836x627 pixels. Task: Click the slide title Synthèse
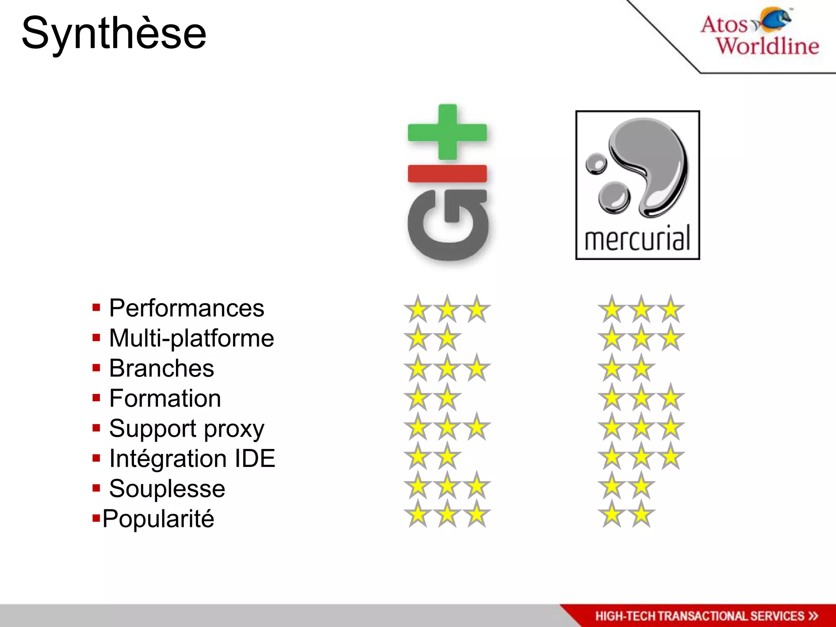(114, 34)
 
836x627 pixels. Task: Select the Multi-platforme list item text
(191, 338)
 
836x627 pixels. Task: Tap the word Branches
(162, 368)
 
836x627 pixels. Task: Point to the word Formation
(165, 398)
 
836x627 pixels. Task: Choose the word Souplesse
(167, 489)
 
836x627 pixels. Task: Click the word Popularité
(158, 519)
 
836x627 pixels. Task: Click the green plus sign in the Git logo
(447, 132)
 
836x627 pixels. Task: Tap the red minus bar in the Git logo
(447, 173)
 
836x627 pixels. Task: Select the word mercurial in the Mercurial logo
(638, 238)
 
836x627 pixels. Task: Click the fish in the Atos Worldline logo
(774, 19)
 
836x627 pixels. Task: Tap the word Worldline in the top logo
(768, 46)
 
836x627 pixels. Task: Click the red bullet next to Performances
(96, 308)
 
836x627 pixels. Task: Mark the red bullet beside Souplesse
(96, 488)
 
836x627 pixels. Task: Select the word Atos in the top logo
(724, 24)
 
